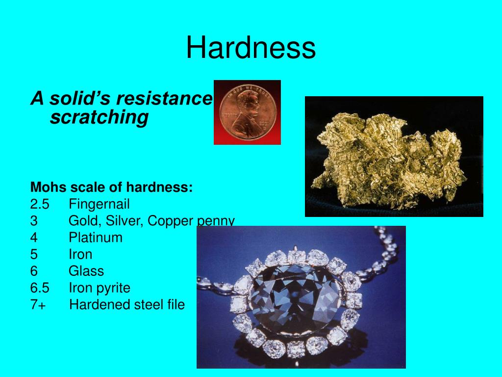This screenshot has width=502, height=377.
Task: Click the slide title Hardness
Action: (251, 48)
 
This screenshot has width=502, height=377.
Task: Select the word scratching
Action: (99, 117)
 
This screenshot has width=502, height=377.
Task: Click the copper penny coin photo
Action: (247, 112)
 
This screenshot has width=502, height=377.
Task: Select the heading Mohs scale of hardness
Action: (112, 187)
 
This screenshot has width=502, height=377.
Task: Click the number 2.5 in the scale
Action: (40, 204)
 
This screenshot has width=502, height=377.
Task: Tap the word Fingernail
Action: (99, 204)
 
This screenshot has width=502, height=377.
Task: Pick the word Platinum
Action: (96, 238)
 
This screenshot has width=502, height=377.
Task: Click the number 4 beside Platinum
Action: (34, 238)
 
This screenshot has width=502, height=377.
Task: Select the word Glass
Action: (86, 271)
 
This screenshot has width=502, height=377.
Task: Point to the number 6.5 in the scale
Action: (40, 288)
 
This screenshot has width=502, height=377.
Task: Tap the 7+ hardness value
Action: (38, 304)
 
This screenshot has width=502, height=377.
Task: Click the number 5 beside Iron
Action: (34, 254)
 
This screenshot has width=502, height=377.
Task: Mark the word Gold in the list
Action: (84, 221)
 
